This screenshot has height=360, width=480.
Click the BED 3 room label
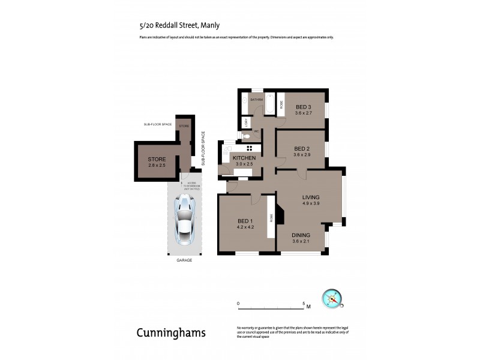[x=303, y=107]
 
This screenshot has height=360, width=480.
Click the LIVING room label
[x=311, y=197]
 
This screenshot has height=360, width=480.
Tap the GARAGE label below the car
[x=184, y=260]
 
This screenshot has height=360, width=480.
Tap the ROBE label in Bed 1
[x=271, y=219]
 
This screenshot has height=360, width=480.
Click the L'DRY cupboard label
[x=246, y=122]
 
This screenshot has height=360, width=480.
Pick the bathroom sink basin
[x=244, y=102]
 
